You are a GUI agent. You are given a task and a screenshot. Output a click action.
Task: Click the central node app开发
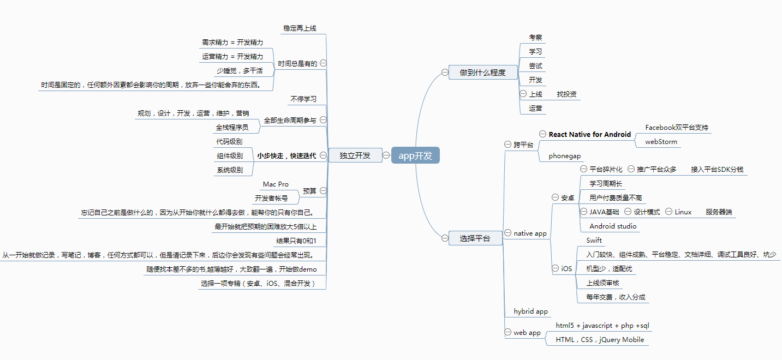click(x=415, y=155)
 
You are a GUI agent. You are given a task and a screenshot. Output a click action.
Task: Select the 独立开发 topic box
click(x=355, y=155)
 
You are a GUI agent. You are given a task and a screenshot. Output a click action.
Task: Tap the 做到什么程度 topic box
click(x=482, y=73)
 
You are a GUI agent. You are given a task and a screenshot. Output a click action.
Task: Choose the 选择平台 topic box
click(x=475, y=238)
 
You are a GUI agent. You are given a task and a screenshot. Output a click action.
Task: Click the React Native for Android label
click(x=589, y=134)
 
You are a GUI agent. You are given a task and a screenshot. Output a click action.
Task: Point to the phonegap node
click(x=565, y=156)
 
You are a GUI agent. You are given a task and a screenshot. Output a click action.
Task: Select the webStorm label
click(x=661, y=142)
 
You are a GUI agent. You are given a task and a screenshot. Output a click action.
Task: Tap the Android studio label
click(x=613, y=226)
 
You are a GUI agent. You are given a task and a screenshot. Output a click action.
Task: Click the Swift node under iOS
click(x=594, y=241)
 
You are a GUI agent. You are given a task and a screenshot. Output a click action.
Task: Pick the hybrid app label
click(x=530, y=311)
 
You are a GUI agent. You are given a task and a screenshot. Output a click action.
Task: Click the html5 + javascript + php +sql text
click(x=602, y=326)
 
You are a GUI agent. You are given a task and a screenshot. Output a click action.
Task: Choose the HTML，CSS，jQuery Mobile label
click(x=600, y=340)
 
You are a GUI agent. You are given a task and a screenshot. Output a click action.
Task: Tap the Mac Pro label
click(x=276, y=184)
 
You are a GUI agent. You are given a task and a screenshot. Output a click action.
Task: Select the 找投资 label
click(x=566, y=94)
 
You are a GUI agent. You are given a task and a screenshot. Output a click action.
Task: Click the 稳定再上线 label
click(x=300, y=28)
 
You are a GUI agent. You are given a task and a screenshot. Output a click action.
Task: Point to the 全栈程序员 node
click(x=232, y=128)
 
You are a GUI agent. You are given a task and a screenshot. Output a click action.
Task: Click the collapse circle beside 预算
click(x=323, y=191)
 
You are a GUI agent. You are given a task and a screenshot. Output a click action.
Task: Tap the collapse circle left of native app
click(x=508, y=233)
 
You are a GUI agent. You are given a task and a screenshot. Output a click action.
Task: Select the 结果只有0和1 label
click(x=296, y=241)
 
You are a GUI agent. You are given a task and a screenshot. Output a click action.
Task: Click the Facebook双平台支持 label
click(x=677, y=128)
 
